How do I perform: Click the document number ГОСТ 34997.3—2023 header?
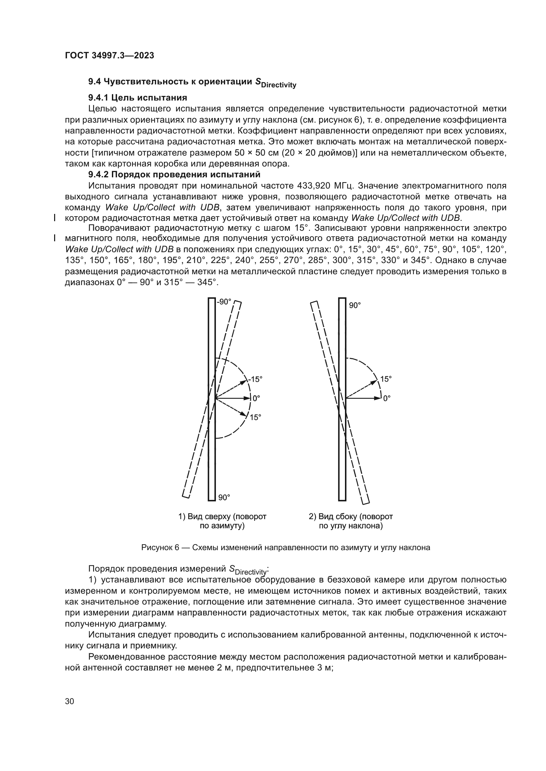pos(109,55)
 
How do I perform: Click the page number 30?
pos(69,701)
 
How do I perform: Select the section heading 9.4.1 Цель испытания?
pos(138,98)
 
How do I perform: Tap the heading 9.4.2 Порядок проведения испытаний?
pos(174,175)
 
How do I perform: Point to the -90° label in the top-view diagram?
pos(224,302)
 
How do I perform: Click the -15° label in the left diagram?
pos(255,379)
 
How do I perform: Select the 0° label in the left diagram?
pos(256,398)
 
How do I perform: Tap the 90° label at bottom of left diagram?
pos(224,497)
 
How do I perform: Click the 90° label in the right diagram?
pos(355,305)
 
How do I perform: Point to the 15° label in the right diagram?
pos(386,379)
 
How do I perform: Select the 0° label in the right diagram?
pos(387,398)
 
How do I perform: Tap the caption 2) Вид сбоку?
pos(351,516)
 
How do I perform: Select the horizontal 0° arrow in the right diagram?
pos(363,398)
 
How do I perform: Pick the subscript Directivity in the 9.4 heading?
pos(279,85)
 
